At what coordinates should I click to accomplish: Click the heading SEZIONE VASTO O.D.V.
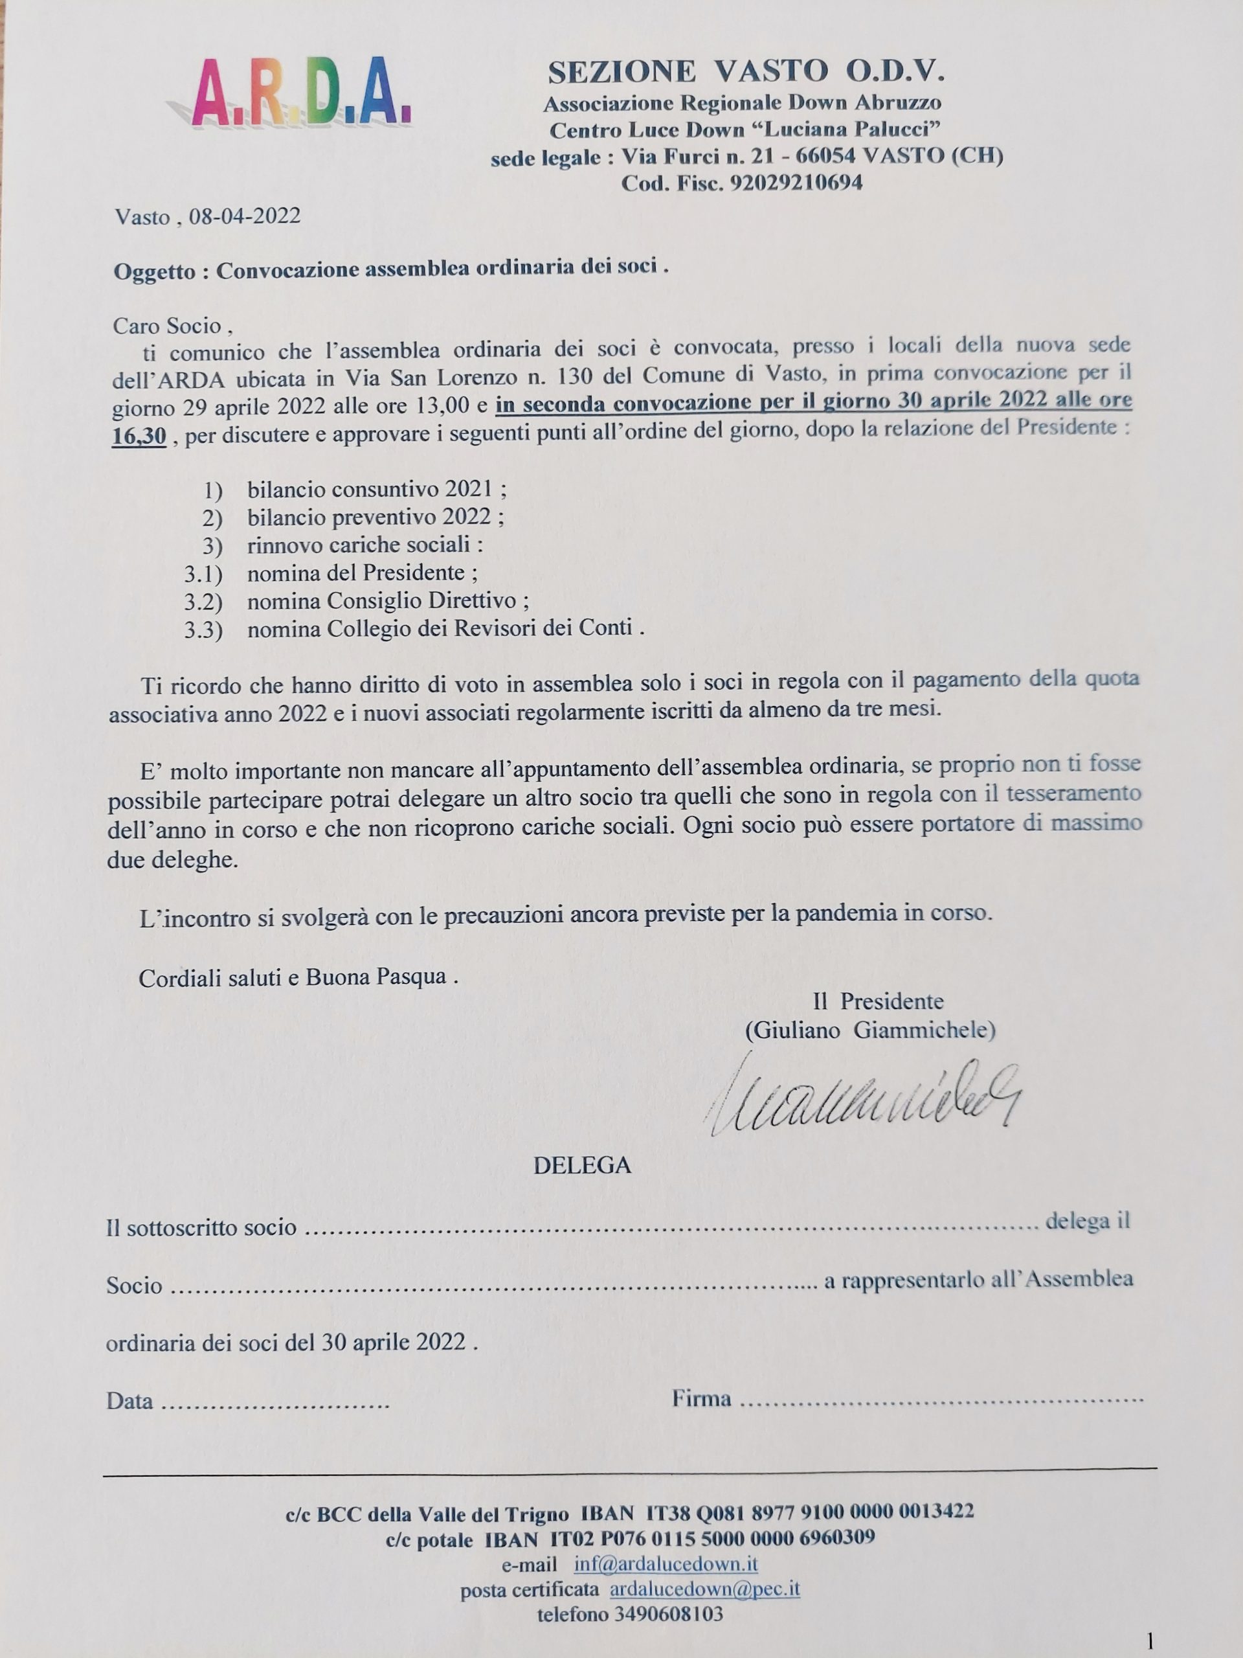(x=746, y=71)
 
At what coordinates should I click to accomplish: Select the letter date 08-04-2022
(x=244, y=216)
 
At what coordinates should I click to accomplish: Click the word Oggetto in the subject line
(x=154, y=271)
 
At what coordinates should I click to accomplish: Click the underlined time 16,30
(x=139, y=435)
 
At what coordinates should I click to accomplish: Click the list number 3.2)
(x=204, y=601)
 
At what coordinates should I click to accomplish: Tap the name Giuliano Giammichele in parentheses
(x=870, y=1030)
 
